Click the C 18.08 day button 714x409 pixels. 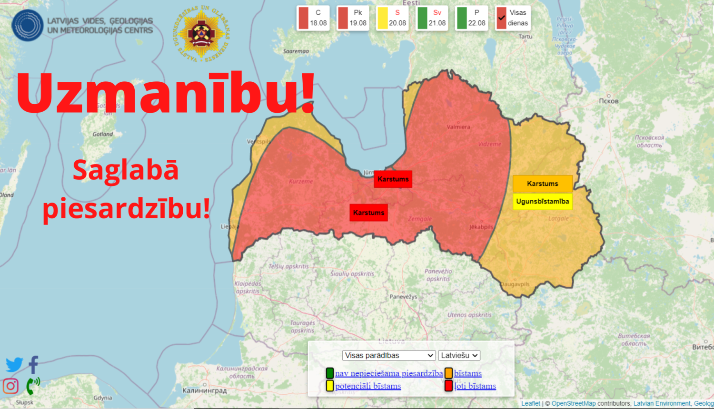point(313,18)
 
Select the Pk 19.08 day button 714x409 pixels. point(353,18)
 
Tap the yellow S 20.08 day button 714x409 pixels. point(392,18)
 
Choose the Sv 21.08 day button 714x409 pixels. point(432,18)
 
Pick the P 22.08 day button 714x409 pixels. point(471,18)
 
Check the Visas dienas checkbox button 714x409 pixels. point(512,18)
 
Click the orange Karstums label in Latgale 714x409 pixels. point(542,184)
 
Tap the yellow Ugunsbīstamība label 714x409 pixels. point(542,201)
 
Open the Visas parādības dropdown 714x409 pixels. point(389,355)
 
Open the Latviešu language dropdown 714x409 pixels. point(459,355)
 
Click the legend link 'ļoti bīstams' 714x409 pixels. point(475,386)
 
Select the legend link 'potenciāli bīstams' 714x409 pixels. point(368,386)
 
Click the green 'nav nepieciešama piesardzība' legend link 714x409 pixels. point(388,373)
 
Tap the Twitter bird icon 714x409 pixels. point(14,365)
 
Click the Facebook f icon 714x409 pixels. point(33,365)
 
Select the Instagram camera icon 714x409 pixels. point(10,386)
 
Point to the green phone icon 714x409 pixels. point(32,386)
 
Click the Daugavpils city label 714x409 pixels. point(515,284)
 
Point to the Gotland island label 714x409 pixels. point(103,134)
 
